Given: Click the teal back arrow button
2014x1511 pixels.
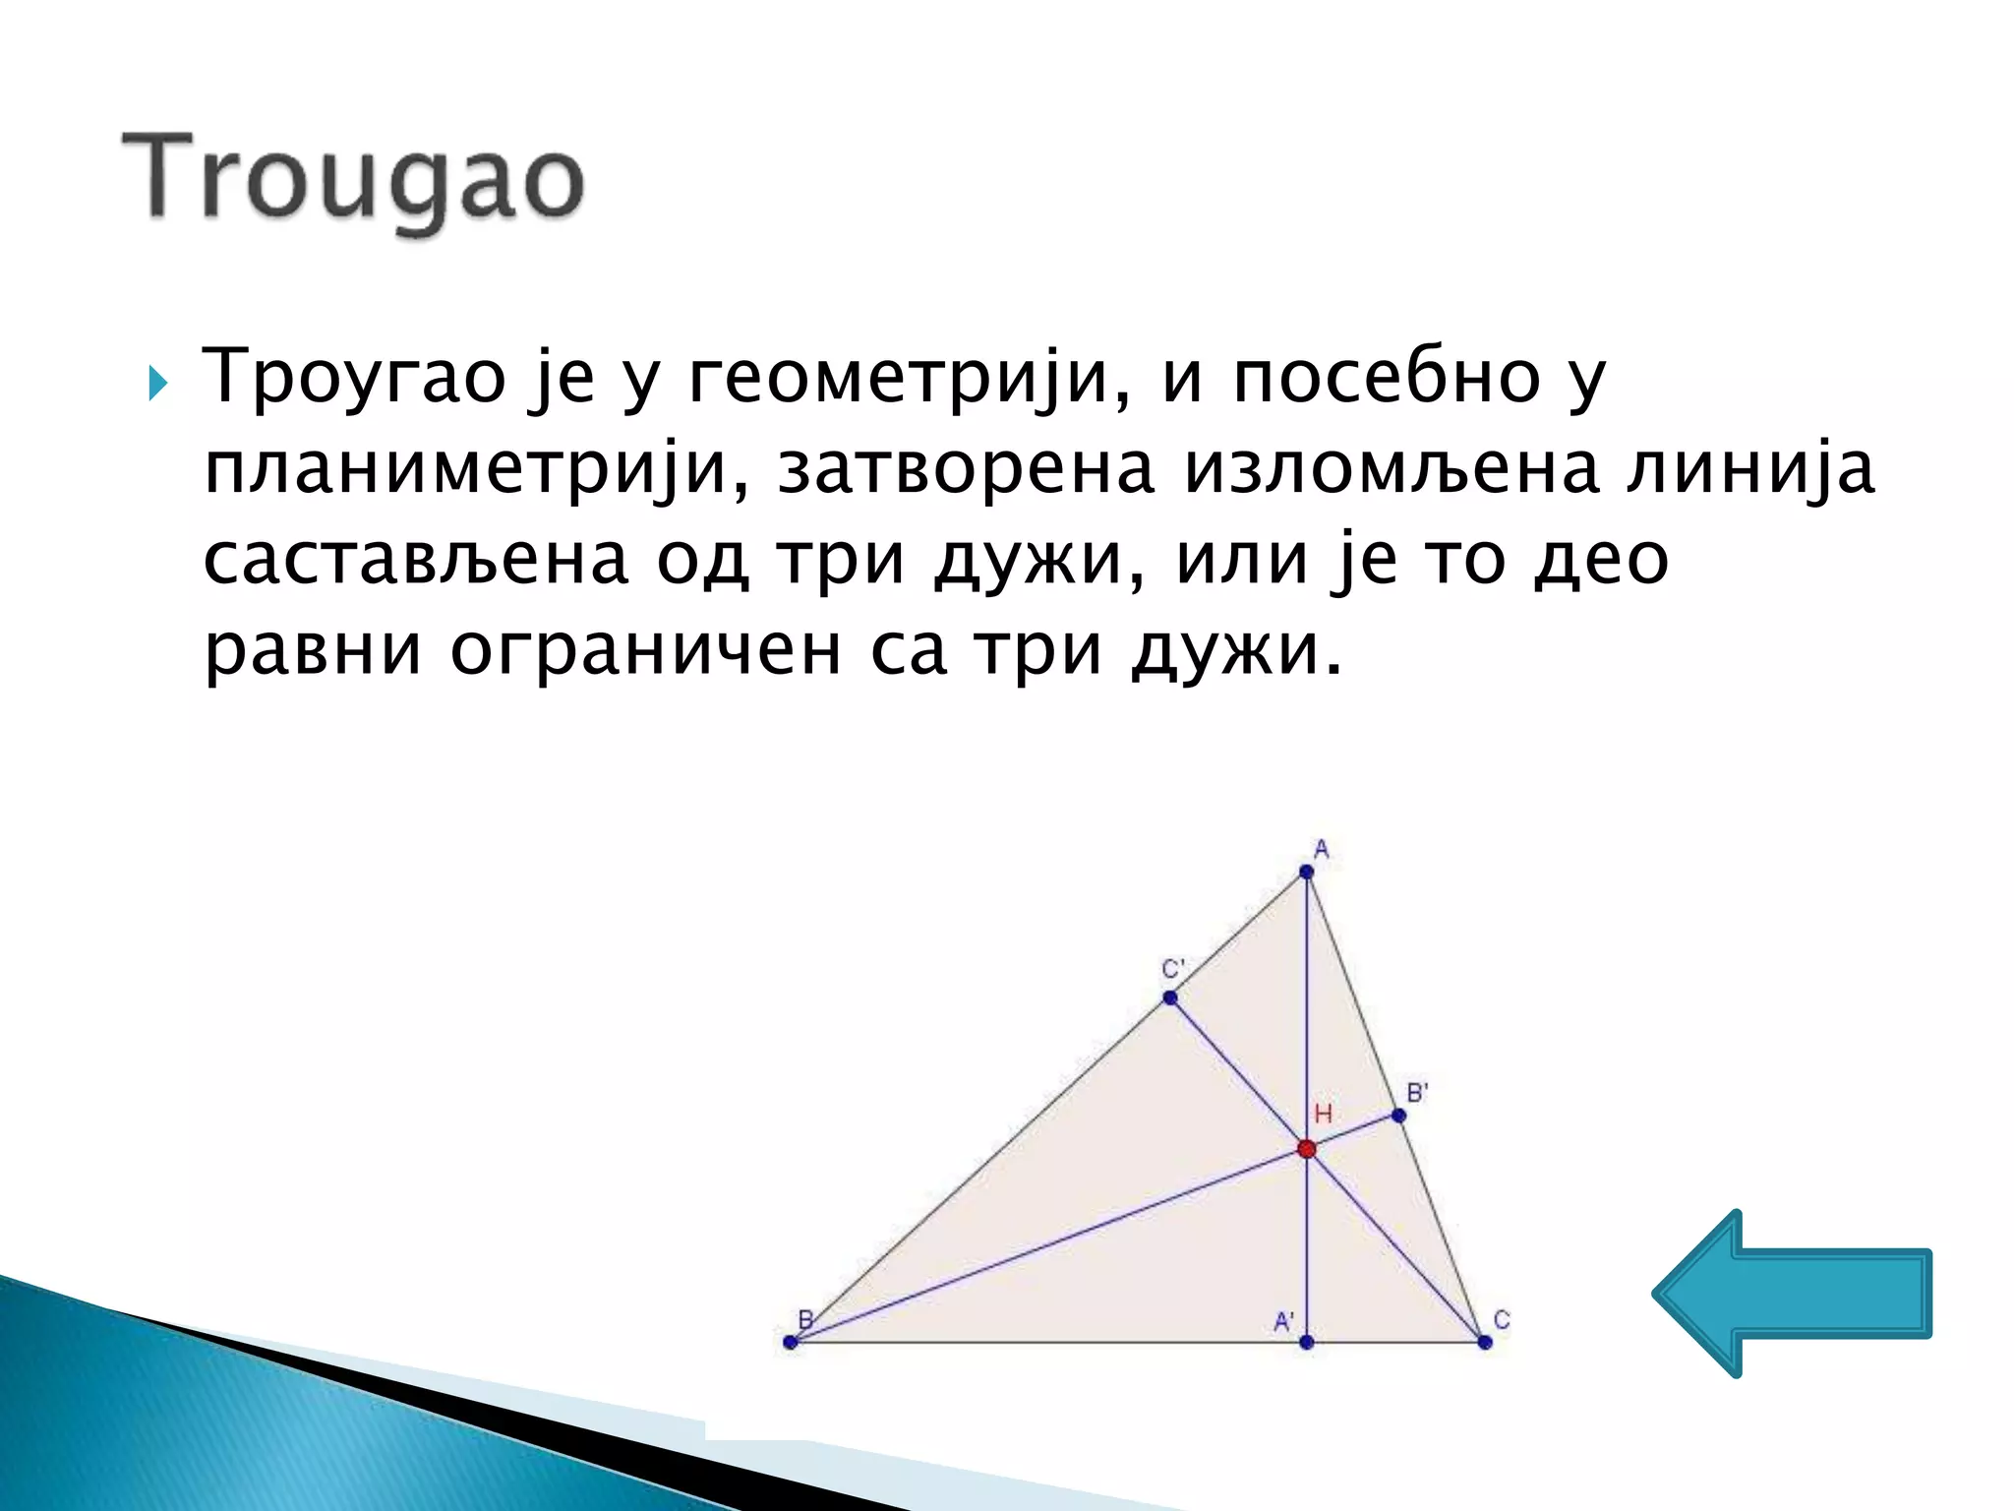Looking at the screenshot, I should pos(1792,1293).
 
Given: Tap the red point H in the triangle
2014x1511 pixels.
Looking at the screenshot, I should pos(1306,1149).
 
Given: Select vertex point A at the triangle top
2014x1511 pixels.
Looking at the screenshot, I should pos(1306,872).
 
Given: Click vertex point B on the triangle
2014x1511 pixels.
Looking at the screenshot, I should pos(791,1342).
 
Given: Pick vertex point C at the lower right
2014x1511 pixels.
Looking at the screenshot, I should pos(1485,1342).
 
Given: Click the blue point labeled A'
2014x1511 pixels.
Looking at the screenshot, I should pos(1306,1342).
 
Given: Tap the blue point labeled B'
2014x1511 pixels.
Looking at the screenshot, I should pos(1398,1116).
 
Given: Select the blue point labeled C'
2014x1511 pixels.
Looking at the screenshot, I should pos(1169,997).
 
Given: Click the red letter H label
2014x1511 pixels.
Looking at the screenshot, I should pos(1324,1114).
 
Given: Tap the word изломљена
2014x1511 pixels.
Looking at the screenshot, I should pos(1391,470).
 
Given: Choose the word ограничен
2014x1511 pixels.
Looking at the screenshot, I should pos(645,651).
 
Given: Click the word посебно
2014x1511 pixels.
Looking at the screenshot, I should pos(1387,380).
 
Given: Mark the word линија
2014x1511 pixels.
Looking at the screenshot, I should pos(1750,470).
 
